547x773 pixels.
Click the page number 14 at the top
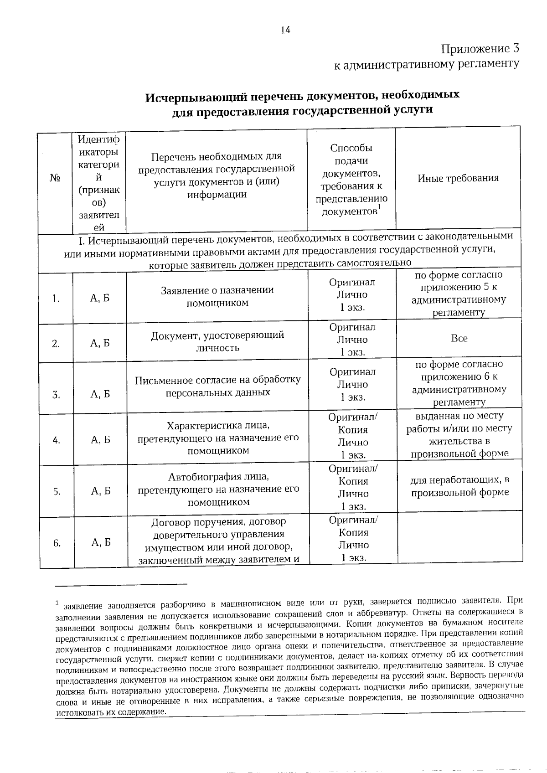point(285,31)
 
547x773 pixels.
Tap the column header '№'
point(55,178)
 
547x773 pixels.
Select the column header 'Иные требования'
point(458,178)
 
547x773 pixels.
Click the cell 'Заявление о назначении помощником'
point(217,297)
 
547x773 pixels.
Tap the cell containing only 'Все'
point(459,339)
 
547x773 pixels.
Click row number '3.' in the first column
point(56,395)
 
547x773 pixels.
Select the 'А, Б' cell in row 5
point(101,491)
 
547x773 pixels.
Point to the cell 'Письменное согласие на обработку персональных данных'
point(218,386)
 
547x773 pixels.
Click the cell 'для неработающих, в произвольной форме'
point(459,486)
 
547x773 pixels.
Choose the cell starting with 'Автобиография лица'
point(218,490)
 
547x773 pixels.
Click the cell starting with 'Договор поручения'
point(218,541)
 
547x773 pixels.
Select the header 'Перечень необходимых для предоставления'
point(217,176)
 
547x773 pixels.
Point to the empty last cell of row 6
point(460,540)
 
